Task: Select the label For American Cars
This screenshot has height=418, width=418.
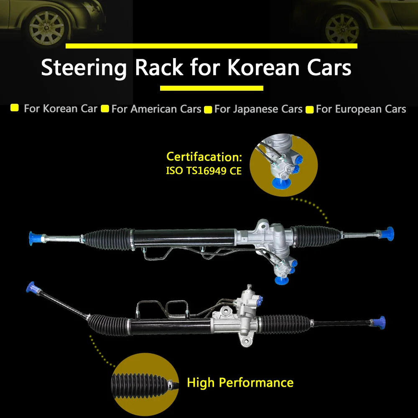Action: point(156,109)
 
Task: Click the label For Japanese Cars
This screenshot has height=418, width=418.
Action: point(258,109)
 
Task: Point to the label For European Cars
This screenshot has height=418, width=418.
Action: point(361,109)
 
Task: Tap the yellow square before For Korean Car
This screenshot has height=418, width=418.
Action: point(15,108)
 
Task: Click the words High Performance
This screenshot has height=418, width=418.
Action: point(240,382)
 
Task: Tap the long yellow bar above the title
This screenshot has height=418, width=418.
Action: point(211,46)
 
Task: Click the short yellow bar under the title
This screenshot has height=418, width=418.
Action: point(212,88)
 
